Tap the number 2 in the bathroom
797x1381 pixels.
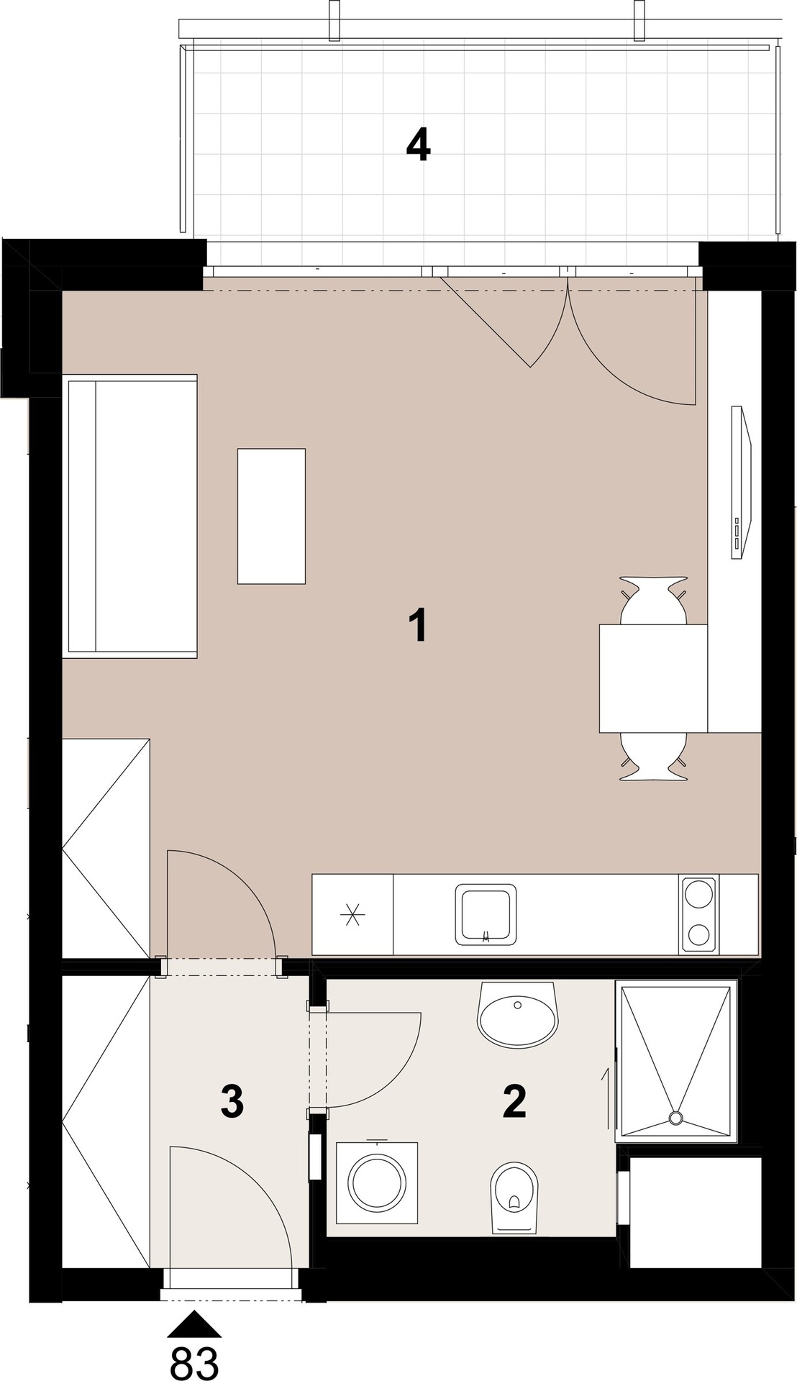pyautogui.click(x=515, y=1101)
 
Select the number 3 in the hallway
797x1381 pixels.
pyautogui.click(x=232, y=1101)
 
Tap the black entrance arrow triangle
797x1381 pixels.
pyautogui.click(x=194, y=1324)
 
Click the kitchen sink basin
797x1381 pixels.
pyautogui.click(x=486, y=914)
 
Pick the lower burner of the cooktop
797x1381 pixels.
pyautogui.click(x=698, y=934)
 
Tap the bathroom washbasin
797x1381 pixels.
pyautogui.click(x=518, y=1014)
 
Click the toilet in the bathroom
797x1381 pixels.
pyautogui.click(x=514, y=1198)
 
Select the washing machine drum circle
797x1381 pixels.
pyautogui.click(x=377, y=1183)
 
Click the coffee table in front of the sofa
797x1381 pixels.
pyautogui.click(x=271, y=516)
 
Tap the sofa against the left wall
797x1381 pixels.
pyautogui.click(x=130, y=516)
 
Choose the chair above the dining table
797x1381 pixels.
pyautogui.click(x=653, y=601)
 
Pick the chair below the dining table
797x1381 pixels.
pyautogui.click(x=653, y=756)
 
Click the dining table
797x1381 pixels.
pyautogui.click(x=653, y=678)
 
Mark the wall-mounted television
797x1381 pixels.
pyautogui.click(x=742, y=481)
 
